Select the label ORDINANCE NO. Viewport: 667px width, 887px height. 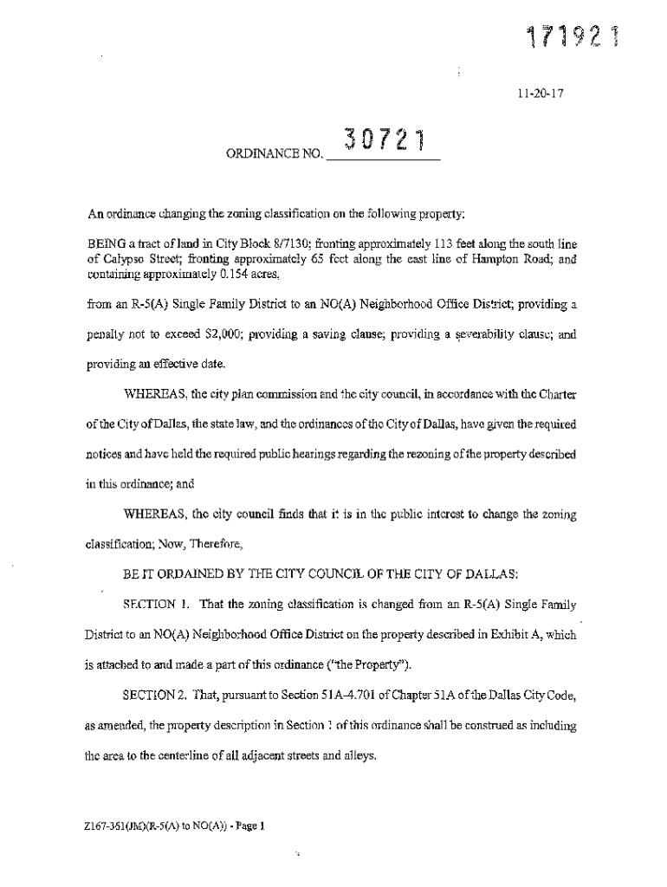point(274,157)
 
